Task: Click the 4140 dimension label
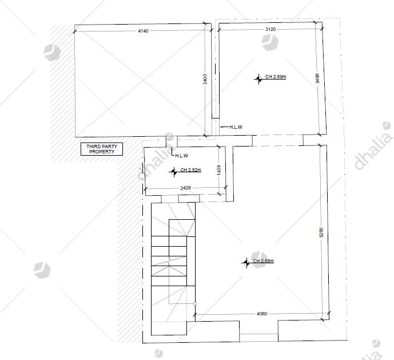pyautogui.click(x=143, y=31)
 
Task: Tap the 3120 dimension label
pyautogui.click(x=270, y=29)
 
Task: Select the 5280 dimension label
pyautogui.click(x=321, y=232)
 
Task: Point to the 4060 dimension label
pyautogui.click(x=262, y=314)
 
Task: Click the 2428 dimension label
pyautogui.click(x=185, y=188)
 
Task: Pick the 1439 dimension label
pyautogui.click(x=218, y=170)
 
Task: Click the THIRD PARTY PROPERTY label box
pyautogui.click(x=102, y=149)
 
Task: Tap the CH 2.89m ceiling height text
pyautogui.click(x=276, y=77)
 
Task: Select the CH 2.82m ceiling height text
pyautogui.click(x=191, y=170)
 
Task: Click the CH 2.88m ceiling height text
pyautogui.click(x=264, y=261)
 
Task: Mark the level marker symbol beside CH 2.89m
pyautogui.click(x=258, y=79)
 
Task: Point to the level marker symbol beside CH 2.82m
pyautogui.click(x=174, y=172)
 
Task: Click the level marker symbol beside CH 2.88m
pyautogui.click(x=246, y=263)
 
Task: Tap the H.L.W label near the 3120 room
pyautogui.click(x=236, y=127)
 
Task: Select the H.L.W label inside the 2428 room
pyautogui.click(x=181, y=156)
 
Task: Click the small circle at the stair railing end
pyautogui.click(x=195, y=304)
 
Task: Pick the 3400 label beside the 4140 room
pyautogui.click(x=205, y=79)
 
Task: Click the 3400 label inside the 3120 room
pyautogui.click(x=317, y=78)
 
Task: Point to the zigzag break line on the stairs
pyautogui.click(x=170, y=261)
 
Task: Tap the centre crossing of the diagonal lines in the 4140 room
pyautogui.click(x=143, y=81)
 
